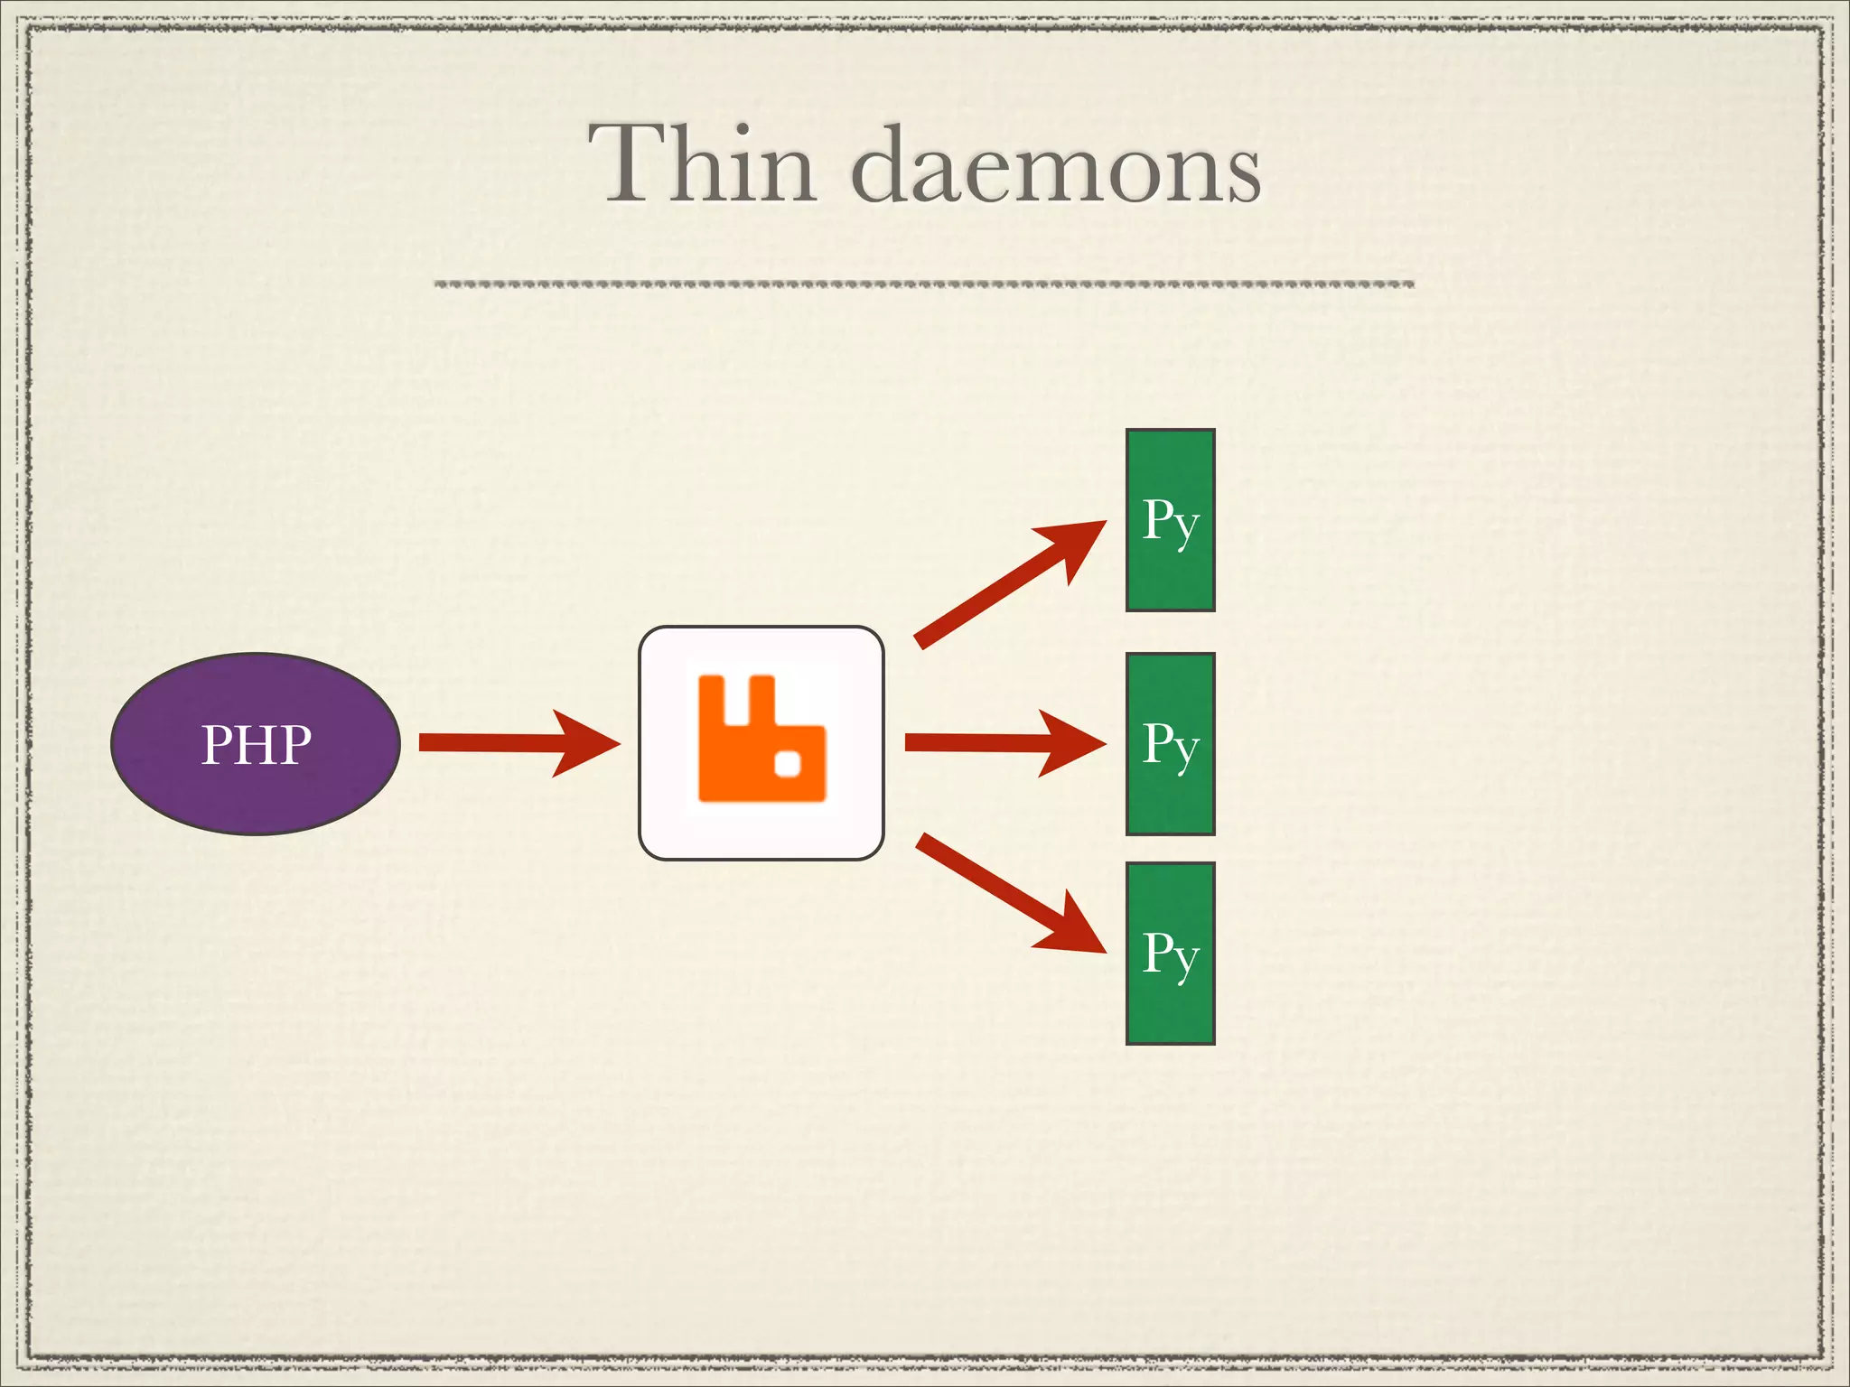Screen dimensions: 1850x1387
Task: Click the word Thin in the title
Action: [x=703, y=164]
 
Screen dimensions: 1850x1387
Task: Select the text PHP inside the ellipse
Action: [x=256, y=745]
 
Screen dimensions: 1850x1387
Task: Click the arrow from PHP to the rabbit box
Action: [x=506, y=743]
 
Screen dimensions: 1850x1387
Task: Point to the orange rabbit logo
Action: [x=761, y=739]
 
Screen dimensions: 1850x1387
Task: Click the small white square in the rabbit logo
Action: [x=789, y=763]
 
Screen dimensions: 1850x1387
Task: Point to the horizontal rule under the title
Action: [x=923, y=284]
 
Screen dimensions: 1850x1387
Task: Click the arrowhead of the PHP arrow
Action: [x=587, y=743]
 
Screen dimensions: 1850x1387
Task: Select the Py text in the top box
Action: [x=1170, y=521]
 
